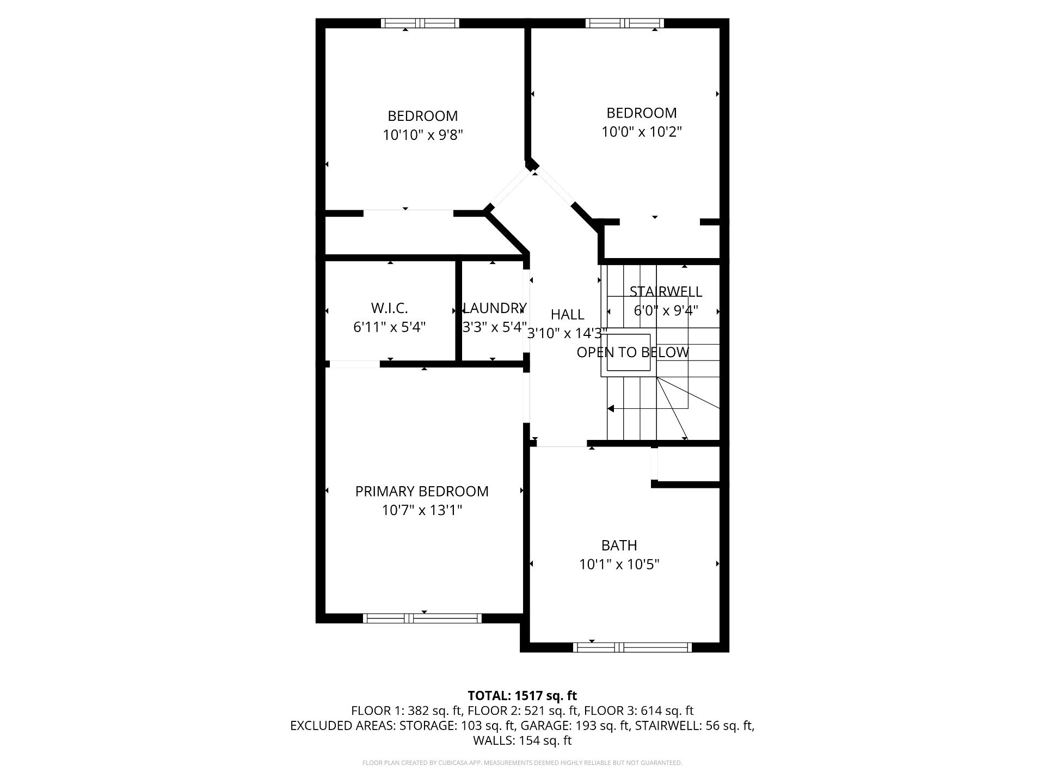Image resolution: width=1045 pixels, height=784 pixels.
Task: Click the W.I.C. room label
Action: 390,308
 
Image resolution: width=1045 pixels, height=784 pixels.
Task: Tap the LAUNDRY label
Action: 495,308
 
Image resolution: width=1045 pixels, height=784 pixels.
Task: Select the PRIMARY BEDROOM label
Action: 422,491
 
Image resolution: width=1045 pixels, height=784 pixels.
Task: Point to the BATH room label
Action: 619,545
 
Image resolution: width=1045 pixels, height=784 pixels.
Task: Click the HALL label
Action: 568,314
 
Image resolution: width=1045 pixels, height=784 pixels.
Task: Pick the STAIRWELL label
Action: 666,292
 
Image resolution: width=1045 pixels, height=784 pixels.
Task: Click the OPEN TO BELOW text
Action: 633,352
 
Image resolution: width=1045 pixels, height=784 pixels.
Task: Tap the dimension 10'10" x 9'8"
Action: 423,135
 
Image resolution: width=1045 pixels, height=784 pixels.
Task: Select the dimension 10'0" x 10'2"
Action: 642,132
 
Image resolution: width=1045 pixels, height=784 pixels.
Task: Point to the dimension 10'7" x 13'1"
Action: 422,510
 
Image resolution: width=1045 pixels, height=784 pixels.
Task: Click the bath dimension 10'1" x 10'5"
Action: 619,564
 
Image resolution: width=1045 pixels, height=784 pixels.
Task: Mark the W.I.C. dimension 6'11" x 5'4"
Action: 390,327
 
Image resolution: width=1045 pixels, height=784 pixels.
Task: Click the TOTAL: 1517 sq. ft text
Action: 522,695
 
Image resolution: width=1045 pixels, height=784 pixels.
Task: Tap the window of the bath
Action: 632,647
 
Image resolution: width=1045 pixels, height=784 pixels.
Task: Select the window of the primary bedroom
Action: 422,618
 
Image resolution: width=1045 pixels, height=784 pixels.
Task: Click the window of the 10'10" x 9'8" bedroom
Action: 420,23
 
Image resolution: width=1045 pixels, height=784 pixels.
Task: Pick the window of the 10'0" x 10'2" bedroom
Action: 625,23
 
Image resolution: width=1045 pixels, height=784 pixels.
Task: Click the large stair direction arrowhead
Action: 611,408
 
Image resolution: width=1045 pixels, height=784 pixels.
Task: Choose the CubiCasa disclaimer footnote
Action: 522,763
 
